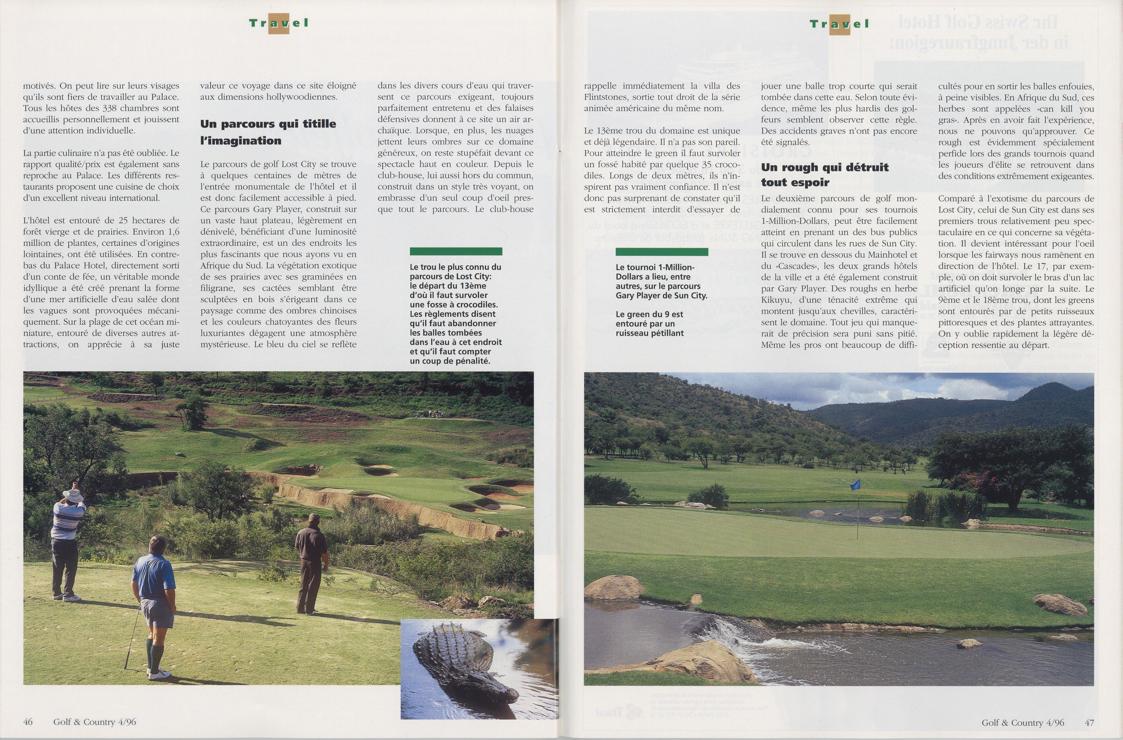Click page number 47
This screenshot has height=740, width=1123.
pyautogui.click(x=1089, y=723)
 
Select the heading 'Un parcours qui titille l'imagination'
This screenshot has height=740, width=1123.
pyautogui.click(x=268, y=132)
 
